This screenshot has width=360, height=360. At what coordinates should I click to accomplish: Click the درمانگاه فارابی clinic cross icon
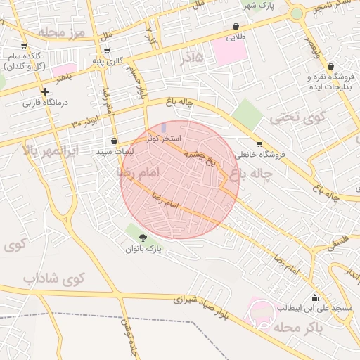[45, 91]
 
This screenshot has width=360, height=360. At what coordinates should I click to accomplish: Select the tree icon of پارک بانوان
[143, 238]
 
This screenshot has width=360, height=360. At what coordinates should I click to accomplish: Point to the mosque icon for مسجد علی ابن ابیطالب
[314, 297]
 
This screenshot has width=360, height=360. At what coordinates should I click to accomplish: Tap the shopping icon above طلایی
[234, 27]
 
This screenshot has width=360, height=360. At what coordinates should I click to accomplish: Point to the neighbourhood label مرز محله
[61, 33]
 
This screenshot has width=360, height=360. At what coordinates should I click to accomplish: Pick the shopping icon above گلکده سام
[24, 45]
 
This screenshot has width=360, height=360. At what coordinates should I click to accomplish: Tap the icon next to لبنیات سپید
[114, 141]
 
